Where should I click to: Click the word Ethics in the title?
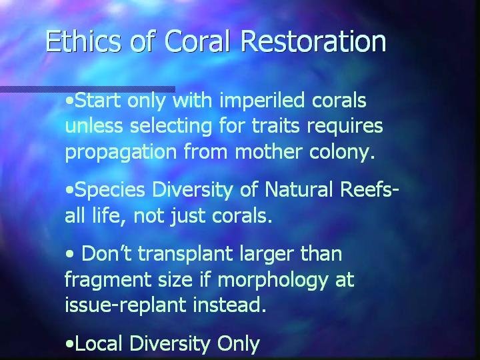pos(83,41)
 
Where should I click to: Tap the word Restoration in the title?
pos(313,41)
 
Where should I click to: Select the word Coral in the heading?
pos(197,41)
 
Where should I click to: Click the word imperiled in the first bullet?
pos(263,101)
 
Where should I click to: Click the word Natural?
pos(299,189)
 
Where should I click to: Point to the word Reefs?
pos(366,189)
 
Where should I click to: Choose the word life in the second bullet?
pos(109,215)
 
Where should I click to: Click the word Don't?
pos(107,253)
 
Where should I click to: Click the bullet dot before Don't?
pos(69,255)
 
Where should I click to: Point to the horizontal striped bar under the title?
pos(87,89)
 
